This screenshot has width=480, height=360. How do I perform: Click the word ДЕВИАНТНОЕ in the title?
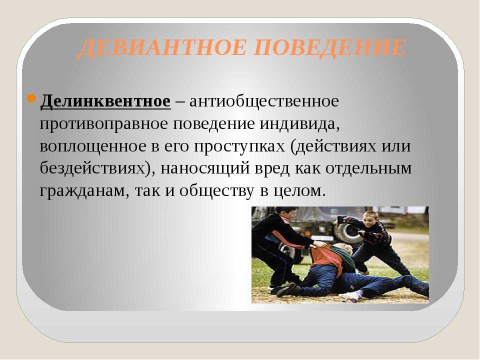[x=161, y=48]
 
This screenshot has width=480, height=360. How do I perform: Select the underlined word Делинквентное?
[x=105, y=101]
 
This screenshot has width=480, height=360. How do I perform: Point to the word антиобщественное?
[x=264, y=101]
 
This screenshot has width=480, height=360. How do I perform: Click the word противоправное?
[x=104, y=123]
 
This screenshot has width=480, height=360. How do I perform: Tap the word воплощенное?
[x=93, y=146]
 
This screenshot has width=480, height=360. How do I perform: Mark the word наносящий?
[x=205, y=168]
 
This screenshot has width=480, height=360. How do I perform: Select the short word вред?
[x=272, y=168]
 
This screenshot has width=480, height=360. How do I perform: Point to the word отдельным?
[x=368, y=168]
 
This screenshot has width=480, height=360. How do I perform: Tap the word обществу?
[x=217, y=190]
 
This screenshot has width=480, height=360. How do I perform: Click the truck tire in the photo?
[x=345, y=232]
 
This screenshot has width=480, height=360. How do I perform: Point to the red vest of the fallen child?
[x=326, y=258]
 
